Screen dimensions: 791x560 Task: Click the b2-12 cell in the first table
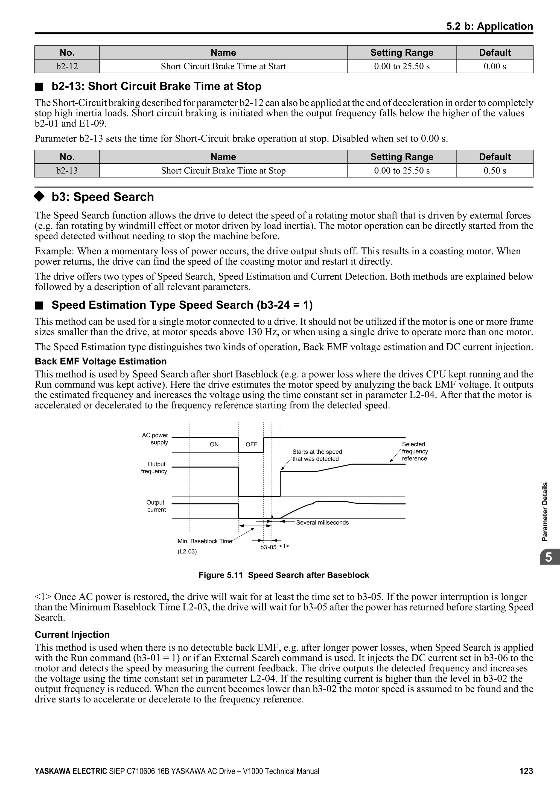(67, 66)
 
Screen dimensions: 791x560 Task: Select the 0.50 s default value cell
(494, 170)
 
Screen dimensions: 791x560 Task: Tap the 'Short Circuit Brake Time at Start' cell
(223, 66)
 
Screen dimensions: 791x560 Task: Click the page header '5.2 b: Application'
(489, 26)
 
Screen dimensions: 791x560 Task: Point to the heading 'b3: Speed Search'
(103, 197)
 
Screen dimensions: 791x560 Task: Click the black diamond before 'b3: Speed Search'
(39, 196)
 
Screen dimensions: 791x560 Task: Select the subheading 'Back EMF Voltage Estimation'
(101, 361)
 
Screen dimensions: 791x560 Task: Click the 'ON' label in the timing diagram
(214, 444)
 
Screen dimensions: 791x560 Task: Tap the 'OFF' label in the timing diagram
(251, 444)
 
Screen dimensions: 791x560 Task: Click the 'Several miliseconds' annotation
(322, 523)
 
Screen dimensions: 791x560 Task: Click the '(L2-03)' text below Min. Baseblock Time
(187, 551)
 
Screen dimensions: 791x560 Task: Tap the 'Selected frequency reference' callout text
(415, 451)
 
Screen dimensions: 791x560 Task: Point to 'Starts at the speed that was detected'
(317, 455)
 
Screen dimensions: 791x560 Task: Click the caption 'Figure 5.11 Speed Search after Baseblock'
(284, 575)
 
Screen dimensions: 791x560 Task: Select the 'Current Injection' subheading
(72, 634)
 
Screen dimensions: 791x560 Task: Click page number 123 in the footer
(526, 771)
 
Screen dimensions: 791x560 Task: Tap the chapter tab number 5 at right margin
(548, 557)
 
